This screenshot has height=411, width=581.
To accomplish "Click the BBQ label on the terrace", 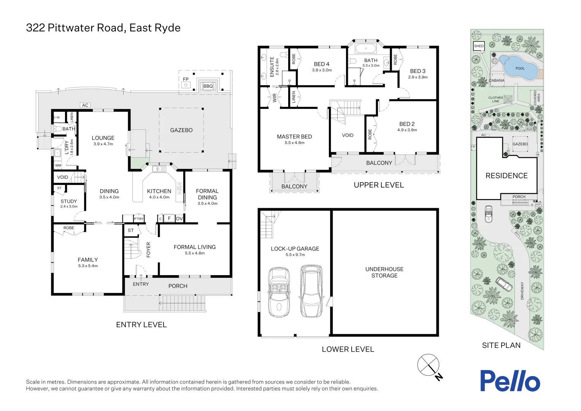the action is [x=208, y=86].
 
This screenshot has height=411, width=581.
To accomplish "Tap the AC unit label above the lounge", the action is [x=85, y=105].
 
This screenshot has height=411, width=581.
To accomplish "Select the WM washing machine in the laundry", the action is [x=58, y=165].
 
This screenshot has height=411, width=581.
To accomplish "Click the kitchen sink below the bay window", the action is [x=159, y=169].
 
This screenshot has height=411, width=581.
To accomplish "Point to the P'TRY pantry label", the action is [x=138, y=219].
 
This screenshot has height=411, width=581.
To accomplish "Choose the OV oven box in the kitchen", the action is [x=179, y=218].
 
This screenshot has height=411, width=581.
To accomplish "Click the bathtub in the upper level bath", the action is [x=366, y=49].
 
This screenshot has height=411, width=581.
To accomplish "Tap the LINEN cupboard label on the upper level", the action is [x=294, y=97].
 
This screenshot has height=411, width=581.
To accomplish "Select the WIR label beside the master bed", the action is [x=275, y=98].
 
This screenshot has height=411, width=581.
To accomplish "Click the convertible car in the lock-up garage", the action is [x=279, y=292].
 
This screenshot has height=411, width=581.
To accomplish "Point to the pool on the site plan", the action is [x=519, y=68].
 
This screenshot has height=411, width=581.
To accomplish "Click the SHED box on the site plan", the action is [x=479, y=46].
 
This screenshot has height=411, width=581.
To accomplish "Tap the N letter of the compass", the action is [x=439, y=377].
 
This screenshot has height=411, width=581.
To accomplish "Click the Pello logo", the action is [x=510, y=381].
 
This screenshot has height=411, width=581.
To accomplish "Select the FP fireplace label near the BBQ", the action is [x=186, y=79].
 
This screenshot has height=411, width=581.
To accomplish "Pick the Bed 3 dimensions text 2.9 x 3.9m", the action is [x=417, y=77].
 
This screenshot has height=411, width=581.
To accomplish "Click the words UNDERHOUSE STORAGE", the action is [x=384, y=272].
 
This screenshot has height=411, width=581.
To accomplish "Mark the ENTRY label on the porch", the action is [x=141, y=284].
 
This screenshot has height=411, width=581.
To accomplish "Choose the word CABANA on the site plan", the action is [x=497, y=80].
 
